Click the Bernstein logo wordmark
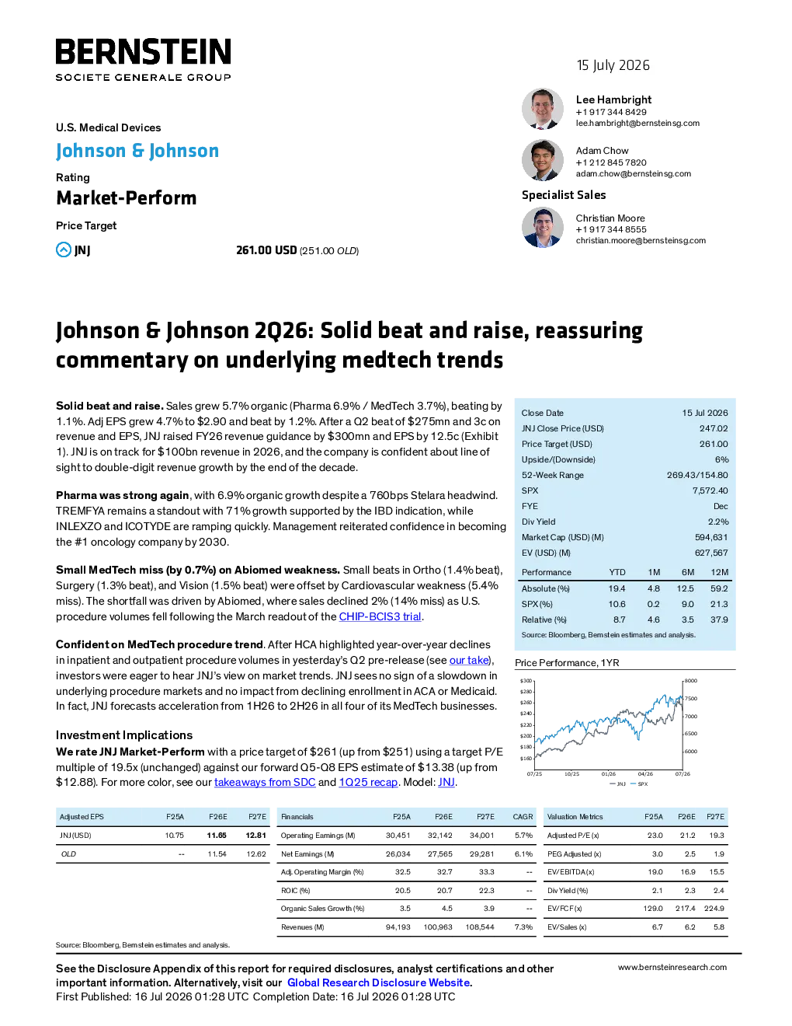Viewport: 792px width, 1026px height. [x=143, y=51]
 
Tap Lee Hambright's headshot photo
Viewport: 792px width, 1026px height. [x=543, y=109]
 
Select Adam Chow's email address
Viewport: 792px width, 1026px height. [x=633, y=174]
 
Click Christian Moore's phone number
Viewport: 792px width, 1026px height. [x=611, y=229]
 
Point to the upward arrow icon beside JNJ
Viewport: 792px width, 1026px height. [x=63, y=250]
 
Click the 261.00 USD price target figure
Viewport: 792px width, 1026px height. [x=266, y=250]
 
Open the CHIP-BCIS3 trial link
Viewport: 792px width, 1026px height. [x=380, y=616]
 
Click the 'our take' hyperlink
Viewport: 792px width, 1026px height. [x=468, y=660]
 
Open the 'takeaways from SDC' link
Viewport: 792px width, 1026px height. [x=265, y=783]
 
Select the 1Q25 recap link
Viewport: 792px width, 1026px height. [x=368, y=783]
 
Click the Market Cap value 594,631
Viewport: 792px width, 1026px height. [x=711, y=537]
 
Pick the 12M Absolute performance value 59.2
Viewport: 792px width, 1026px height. [x=719, y=588]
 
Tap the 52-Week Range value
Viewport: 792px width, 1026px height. [x=697, y=475]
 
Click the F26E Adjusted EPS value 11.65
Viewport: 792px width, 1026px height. [x=217, y=836]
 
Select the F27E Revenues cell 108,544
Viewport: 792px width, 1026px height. [x=480, y=927]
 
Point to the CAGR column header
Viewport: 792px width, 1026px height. [x=523, y=817]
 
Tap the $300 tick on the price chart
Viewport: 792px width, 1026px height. [x=526, y=681]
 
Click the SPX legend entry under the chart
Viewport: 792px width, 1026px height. [x=639, y=783]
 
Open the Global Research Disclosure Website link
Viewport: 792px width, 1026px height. [x=379, y=982]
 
